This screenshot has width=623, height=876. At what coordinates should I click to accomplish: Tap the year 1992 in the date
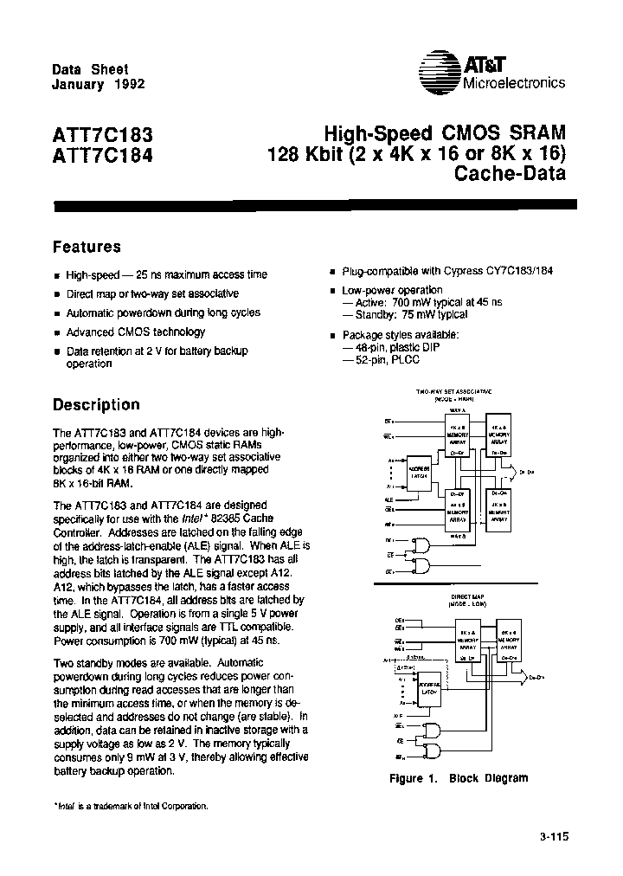click(x=128, y=85)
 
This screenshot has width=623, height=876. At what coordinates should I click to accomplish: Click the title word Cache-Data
click(x=510, y=174)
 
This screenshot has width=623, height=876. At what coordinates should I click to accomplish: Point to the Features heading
click(x=87, y=248)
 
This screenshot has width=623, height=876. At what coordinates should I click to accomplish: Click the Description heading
click(x=96, y=404)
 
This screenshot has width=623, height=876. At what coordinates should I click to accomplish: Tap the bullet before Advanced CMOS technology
click(x=58, y=333)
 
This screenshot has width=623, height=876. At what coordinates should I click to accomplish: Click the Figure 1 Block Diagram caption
click(x=459, y=778)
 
